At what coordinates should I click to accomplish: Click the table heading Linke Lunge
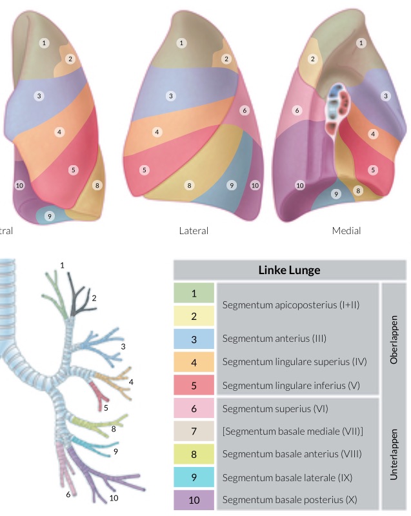[x=289, y=270]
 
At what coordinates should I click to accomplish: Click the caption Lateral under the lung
[x=194, y=230]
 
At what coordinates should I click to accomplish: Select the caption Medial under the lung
[x=346, y=230]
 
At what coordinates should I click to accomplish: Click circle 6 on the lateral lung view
[x=244, y=110]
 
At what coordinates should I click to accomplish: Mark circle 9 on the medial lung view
[x=336, y=193]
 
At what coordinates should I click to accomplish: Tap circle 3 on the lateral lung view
[x=171, y=96]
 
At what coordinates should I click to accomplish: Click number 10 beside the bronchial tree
[x=114, y=498]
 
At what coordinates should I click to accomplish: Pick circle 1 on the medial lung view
[x=361, y=43]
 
